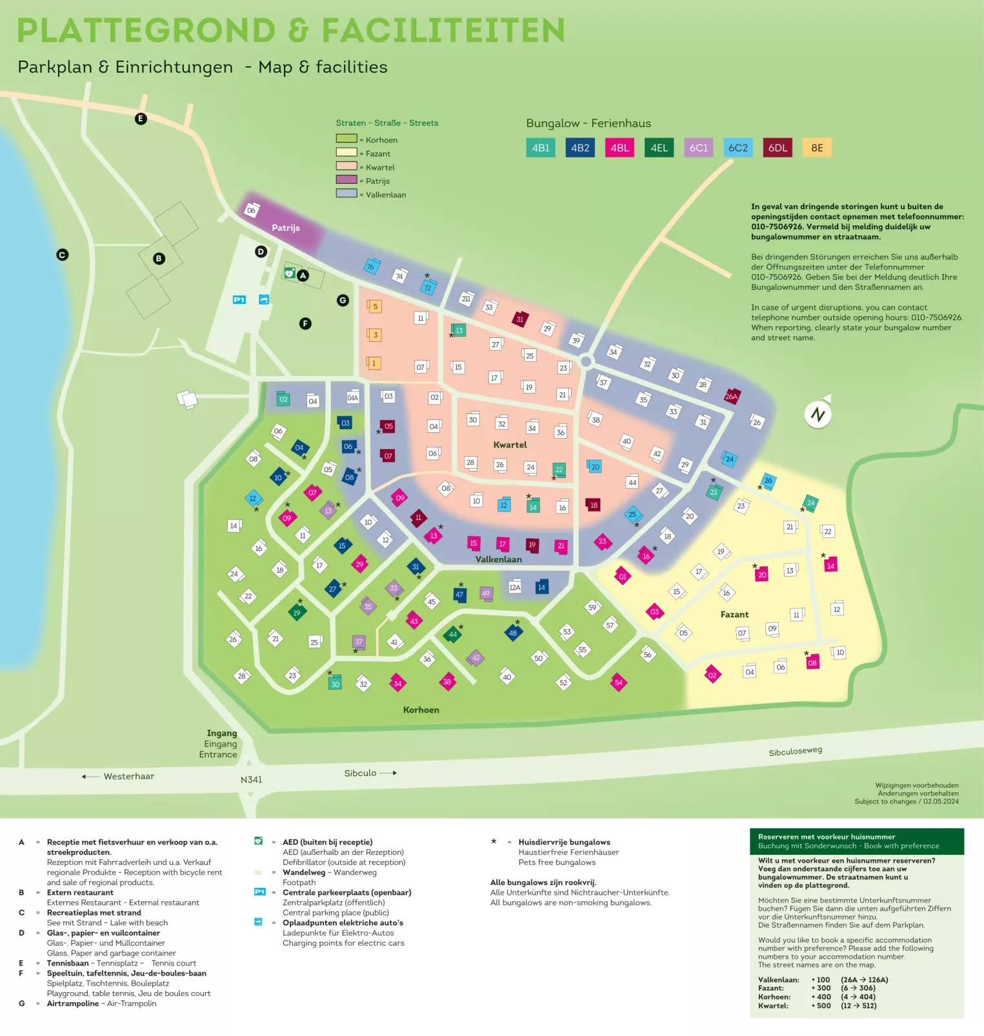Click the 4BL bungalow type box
(x=619, y=148)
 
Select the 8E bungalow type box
(x=817, y=148)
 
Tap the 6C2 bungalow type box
(x=738, y=148)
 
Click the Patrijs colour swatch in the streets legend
(x=346, y=180)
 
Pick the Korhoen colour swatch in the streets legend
(x=346, y=139)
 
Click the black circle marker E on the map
(x=141, y=119)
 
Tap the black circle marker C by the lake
(x=62, y=255)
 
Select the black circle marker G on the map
(x=343, y=300)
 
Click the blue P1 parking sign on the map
(x=239, y=300)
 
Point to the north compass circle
(x=818, y=414)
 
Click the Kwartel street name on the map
(x=510, y=445)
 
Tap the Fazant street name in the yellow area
(x=734, y=615)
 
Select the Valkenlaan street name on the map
(x=498, y=559)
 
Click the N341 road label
(x=251, y=780)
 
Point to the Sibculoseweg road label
(x=795, y=752)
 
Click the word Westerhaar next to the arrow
(x=129, y=777)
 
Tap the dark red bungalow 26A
(x=731, y=397)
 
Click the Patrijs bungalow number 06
(x=252, y=210)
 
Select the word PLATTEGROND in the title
(x=146, y=31)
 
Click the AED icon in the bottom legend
(x=259, y=841)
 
